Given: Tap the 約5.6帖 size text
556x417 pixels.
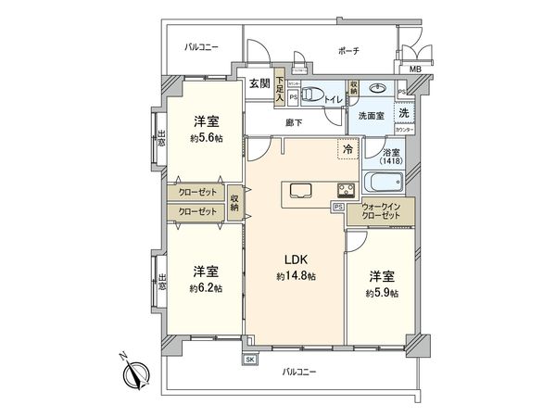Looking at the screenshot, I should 206,137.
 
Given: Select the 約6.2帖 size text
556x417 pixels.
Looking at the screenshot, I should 205,287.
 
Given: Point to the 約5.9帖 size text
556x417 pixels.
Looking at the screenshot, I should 381,292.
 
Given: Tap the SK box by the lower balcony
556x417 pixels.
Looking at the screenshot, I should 249,360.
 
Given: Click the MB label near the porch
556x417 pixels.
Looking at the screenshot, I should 415,68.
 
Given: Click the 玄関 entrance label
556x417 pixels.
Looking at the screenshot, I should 259,83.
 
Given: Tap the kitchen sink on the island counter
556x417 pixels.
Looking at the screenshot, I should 301,191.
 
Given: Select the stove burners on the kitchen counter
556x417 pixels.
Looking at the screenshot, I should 344,192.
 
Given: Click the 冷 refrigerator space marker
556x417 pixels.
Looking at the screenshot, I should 347,148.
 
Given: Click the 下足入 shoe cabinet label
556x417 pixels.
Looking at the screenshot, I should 280,87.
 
